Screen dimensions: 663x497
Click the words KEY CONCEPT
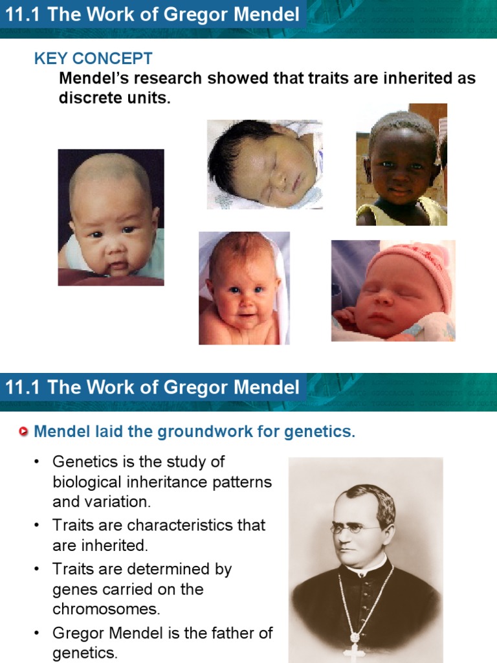point(93,59)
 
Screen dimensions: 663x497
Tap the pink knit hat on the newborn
point(415,265)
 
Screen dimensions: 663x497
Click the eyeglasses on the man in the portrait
point(355,528)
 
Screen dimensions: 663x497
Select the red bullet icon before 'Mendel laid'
point(24,432)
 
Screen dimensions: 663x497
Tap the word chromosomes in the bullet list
point(106,609)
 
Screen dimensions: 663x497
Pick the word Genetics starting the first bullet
point(82,462)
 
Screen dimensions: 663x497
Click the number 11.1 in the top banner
point(23,14)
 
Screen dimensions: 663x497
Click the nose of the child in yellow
point(399,177)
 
